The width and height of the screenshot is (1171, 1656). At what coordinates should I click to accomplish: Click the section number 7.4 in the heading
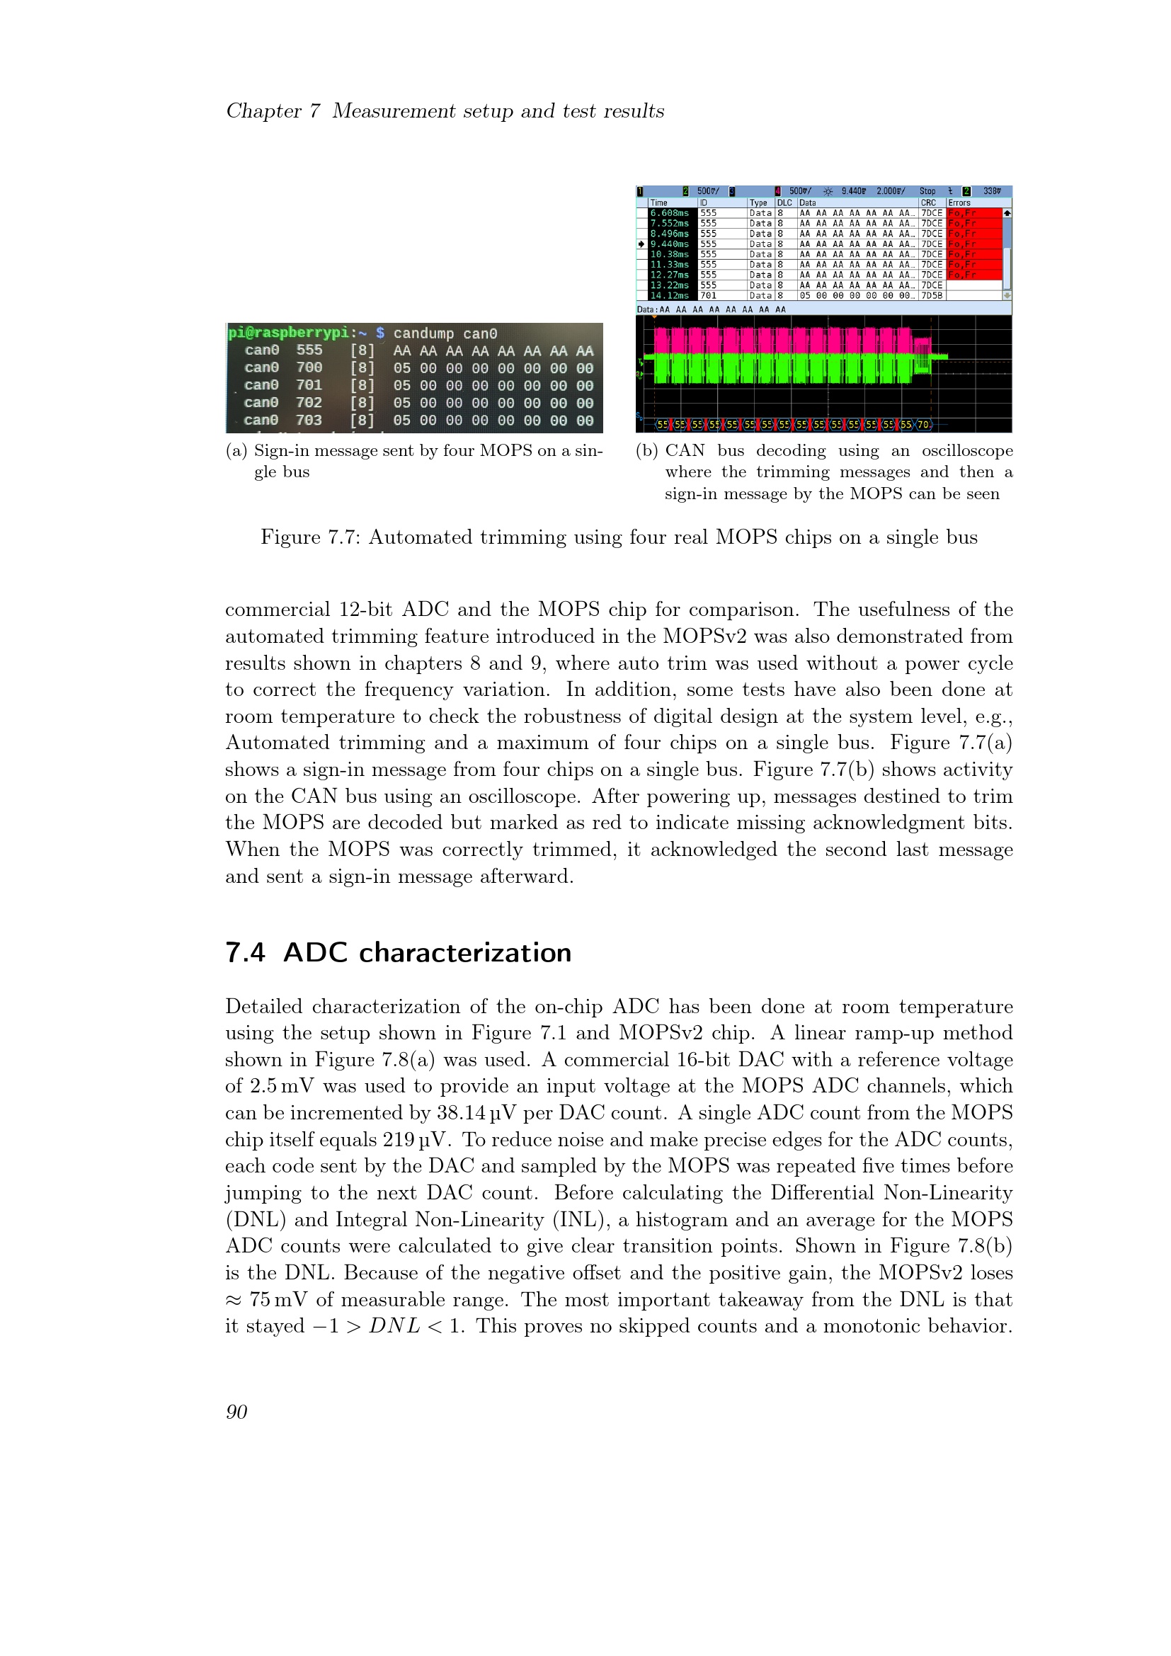[x=245, y=953]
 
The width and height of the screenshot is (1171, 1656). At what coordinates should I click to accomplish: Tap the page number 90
[x=236, y=1412]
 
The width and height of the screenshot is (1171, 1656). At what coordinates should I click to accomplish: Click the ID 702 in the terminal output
[x=309, y=402]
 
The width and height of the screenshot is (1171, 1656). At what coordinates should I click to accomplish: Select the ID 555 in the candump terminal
[x=309, y=350]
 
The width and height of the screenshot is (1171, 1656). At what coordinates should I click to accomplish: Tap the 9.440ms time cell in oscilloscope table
[x=669, y=244]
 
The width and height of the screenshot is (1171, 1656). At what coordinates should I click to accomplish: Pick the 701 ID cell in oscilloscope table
[x=708, y=296]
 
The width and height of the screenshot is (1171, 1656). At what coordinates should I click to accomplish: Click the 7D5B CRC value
[x=931, y=296]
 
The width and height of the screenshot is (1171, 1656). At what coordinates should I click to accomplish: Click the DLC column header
[x=784, y=203]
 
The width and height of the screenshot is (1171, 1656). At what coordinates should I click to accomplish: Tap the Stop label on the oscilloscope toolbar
[x=927, y=191]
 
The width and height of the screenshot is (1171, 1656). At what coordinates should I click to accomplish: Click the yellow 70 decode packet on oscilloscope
[x=923, y=425]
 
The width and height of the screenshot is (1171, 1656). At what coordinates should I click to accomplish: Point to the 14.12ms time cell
[x=669, y=296]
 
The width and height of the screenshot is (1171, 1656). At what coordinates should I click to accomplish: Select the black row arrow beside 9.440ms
[x=641, y=244]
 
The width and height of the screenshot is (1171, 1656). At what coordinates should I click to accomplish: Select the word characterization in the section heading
[x=465, y=953]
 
